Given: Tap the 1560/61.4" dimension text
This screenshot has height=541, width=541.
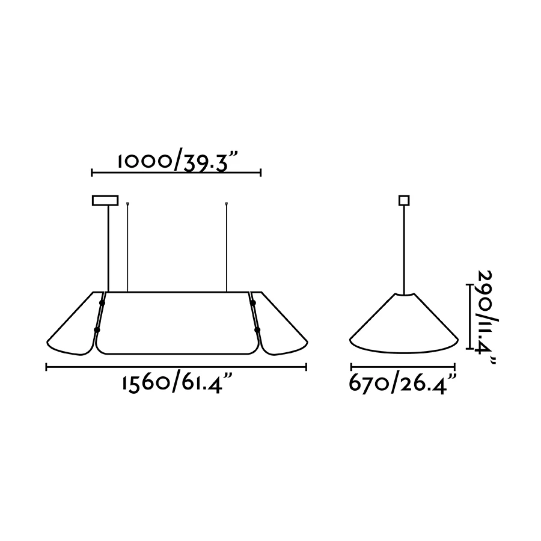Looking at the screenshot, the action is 176,384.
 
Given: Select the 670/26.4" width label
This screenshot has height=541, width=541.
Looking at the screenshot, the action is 403,383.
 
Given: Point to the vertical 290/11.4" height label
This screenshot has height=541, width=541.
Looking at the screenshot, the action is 488,317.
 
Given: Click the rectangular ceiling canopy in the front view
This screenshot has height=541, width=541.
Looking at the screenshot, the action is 105,200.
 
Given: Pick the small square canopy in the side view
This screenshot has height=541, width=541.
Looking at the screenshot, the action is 404,200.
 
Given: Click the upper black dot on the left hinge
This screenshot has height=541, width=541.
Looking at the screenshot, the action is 102,303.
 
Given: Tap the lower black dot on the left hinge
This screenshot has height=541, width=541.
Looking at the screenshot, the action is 97,330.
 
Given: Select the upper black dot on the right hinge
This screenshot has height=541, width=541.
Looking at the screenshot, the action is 253,303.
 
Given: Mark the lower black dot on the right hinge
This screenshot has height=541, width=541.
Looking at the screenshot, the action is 257,330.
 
